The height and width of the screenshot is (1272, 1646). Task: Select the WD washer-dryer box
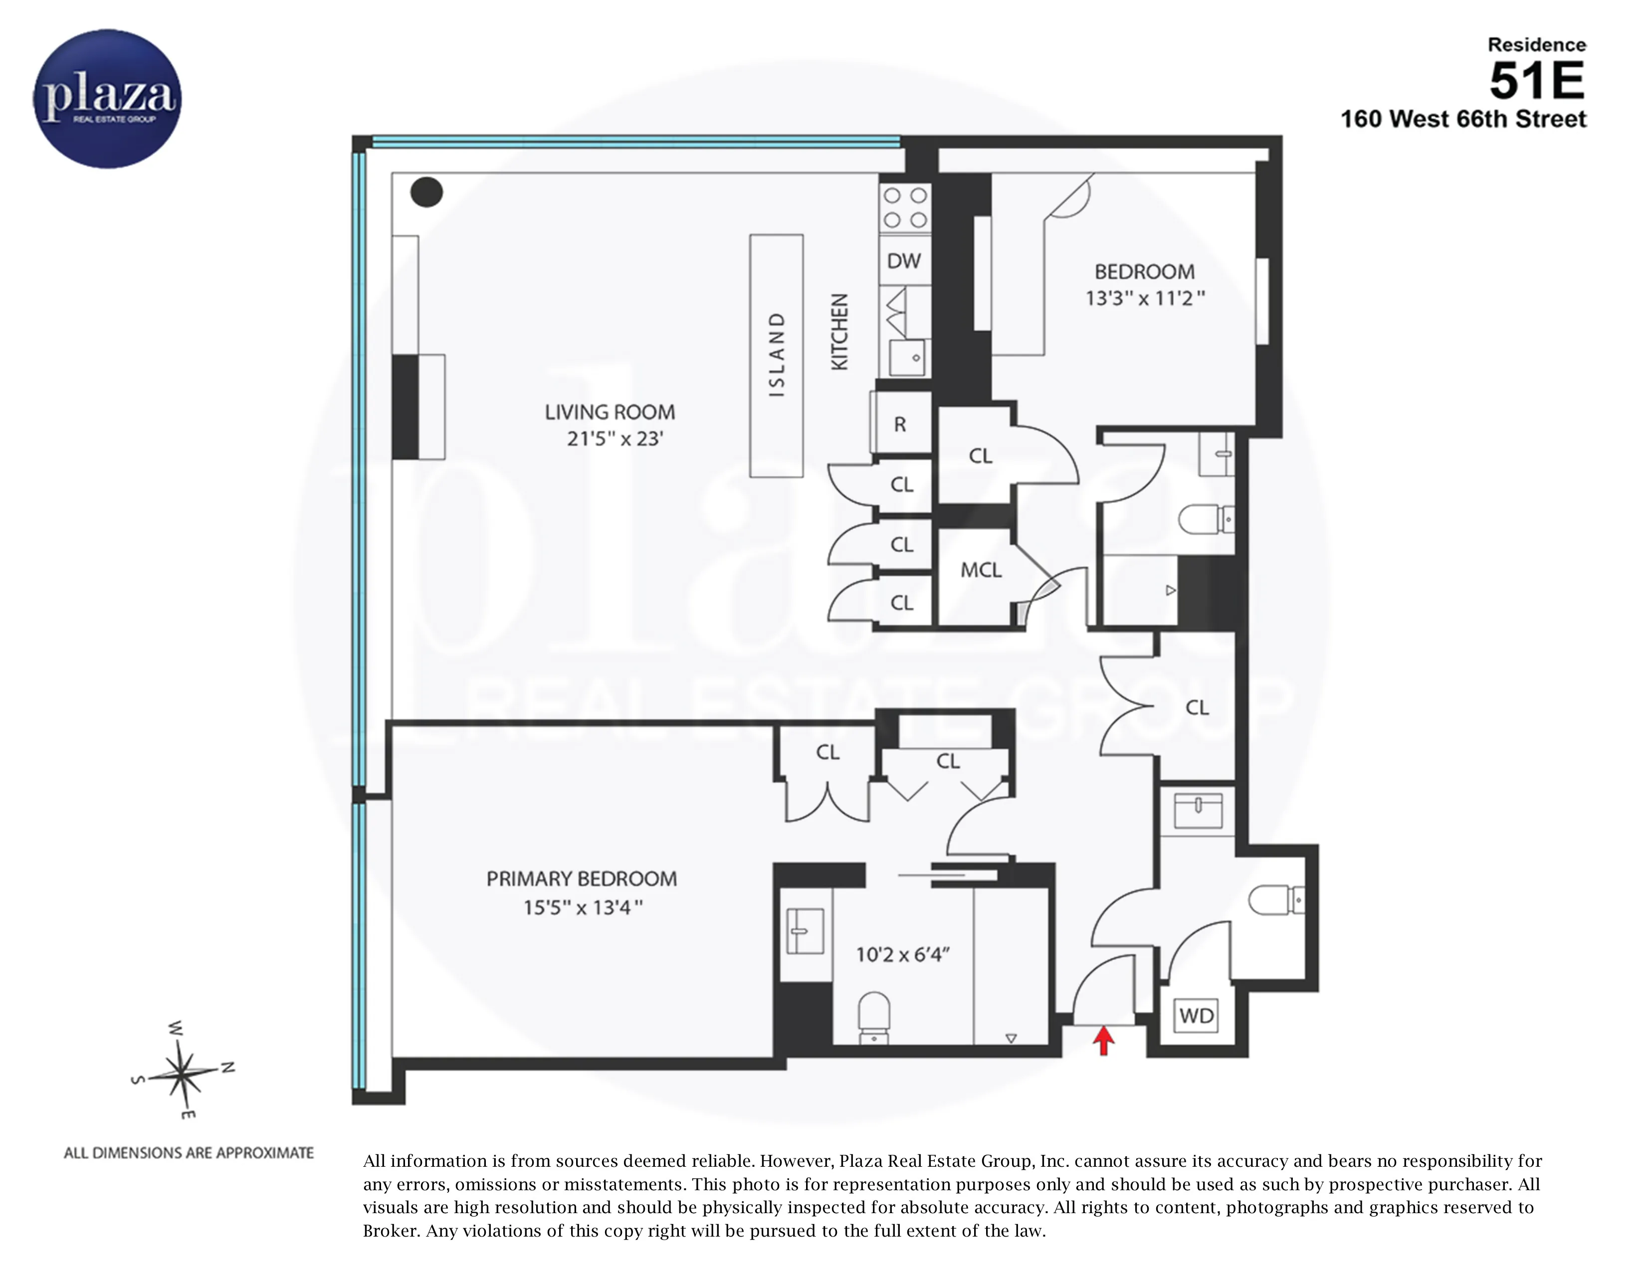point(1196,1015)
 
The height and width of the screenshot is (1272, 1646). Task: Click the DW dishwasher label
point(904,261)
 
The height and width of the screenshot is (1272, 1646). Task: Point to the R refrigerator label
point(900,424)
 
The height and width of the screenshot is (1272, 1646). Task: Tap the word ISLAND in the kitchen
point(776,354)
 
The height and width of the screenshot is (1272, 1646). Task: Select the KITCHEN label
point(839,332)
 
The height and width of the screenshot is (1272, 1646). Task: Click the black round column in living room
point(426,192)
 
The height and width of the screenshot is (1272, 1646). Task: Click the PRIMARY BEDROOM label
point(581,878)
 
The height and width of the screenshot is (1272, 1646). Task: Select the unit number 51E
point(1537,81)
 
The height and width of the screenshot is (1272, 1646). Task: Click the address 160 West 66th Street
point(1463,119)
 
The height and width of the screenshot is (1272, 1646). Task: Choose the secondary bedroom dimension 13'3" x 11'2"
point(1145,298)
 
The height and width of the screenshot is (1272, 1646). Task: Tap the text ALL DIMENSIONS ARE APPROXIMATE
point(189,1153)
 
